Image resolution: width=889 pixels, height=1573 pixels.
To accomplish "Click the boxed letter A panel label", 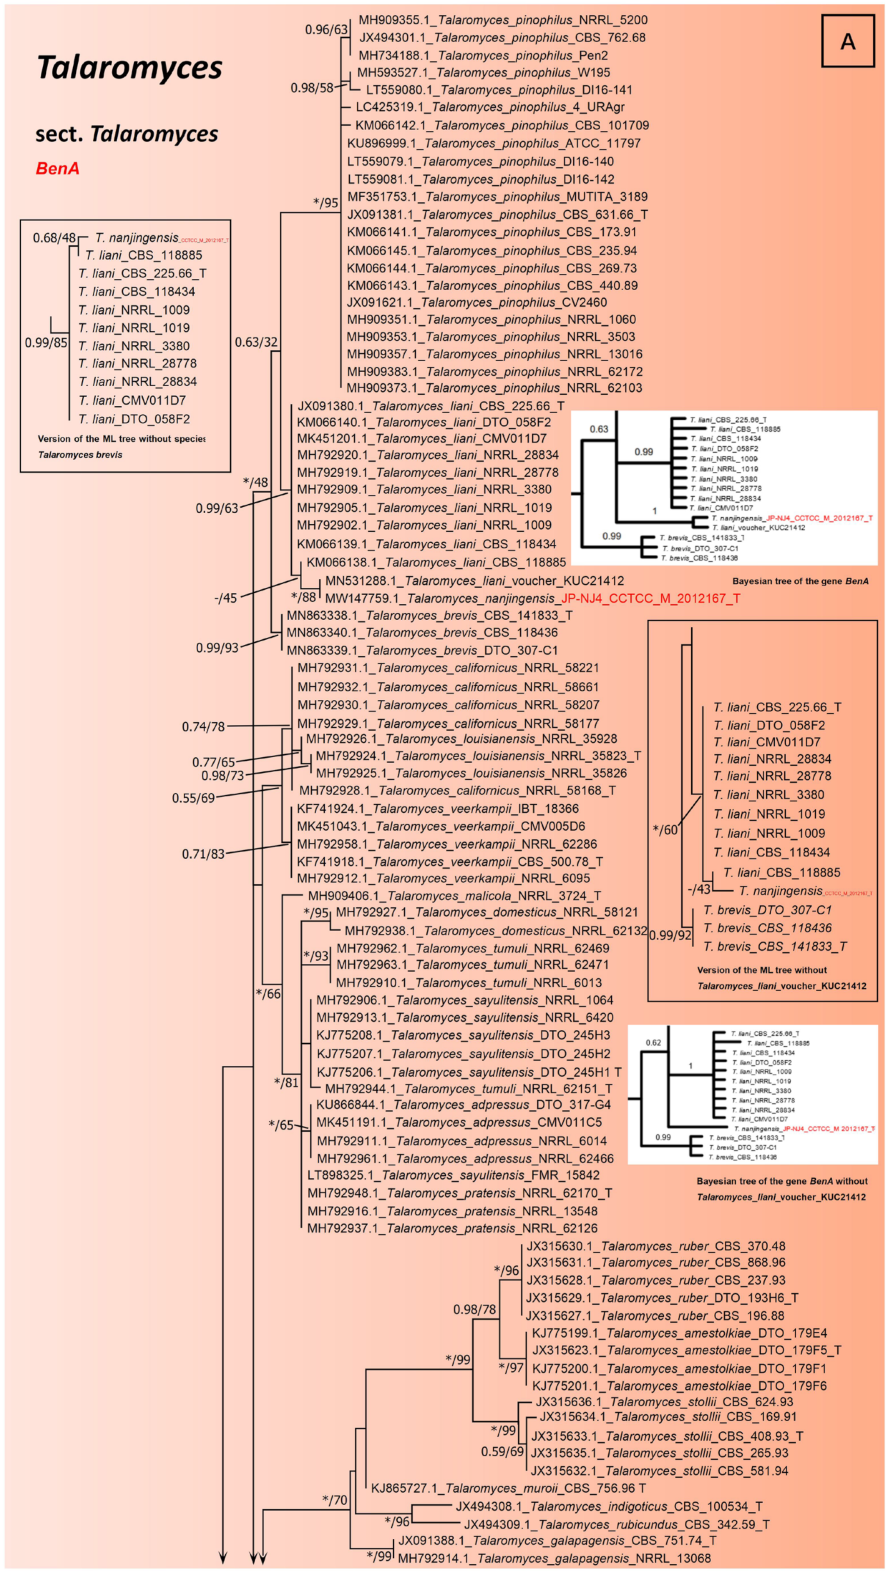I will (848, 41).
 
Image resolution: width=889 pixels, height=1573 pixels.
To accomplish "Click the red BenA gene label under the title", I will (58, 168).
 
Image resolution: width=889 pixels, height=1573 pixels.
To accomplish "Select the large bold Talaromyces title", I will (130, 68).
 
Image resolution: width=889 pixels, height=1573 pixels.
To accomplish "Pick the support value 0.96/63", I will (325, 29).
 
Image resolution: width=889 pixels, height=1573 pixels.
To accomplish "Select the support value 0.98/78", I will (474, 1309).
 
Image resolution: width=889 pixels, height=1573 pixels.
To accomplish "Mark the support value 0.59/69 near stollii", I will (502, 1451).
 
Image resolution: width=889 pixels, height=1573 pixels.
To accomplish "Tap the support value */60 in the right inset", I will (665, 829).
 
